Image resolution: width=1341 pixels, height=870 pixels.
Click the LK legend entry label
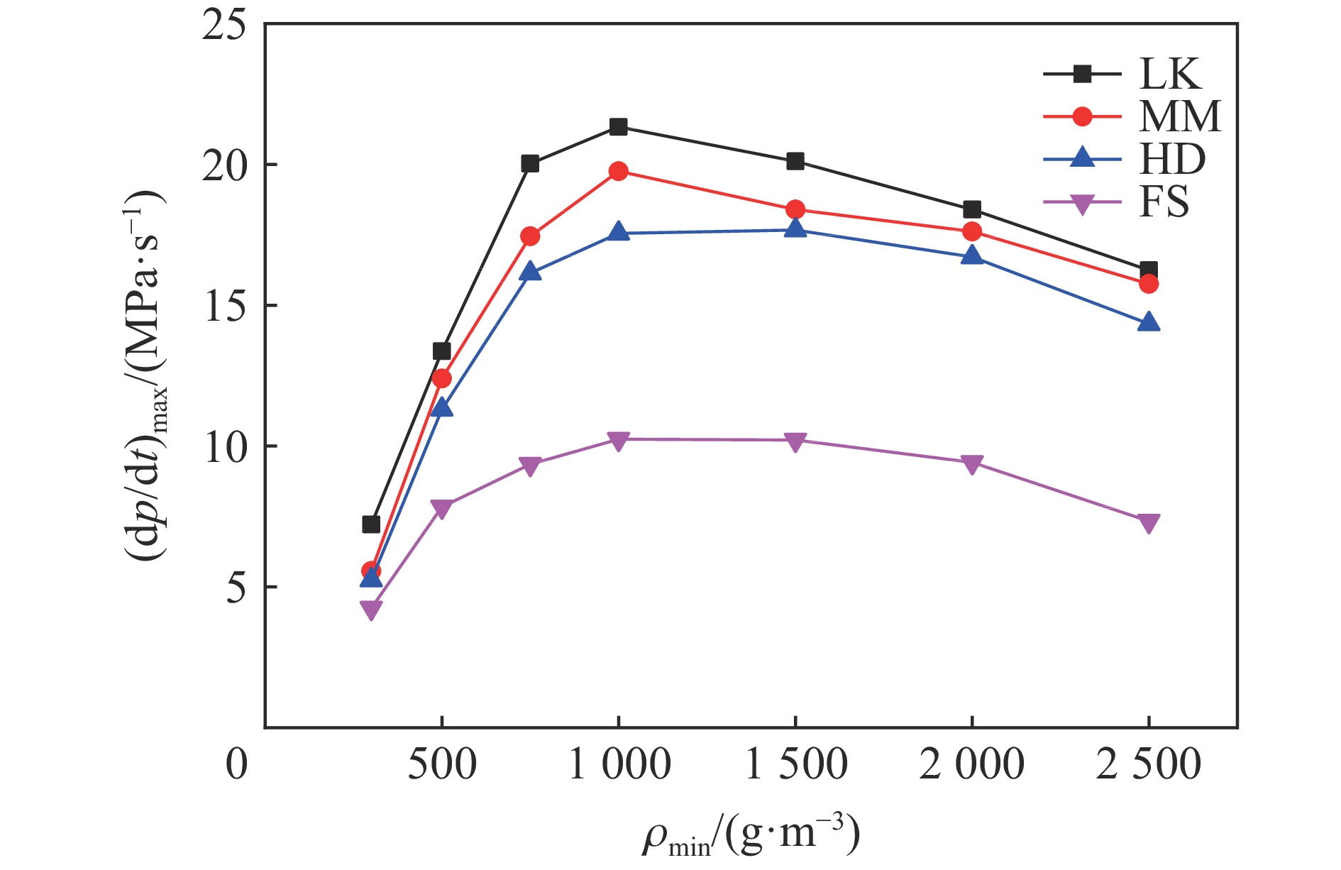[x=1170, y=74]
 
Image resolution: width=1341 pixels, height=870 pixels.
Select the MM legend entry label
[x=1180, y=116]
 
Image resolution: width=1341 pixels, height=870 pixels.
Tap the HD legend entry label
[x=1172, y=159]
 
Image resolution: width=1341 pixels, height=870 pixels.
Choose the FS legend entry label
[x=1164, y=202]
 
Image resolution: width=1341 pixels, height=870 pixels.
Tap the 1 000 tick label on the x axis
[x=619, y=765]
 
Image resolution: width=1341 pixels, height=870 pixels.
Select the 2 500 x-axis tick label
[x=1148, y=765]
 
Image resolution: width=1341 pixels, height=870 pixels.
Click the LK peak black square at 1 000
[x=619, y=127]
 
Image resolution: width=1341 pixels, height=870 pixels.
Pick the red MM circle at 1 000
[x=619, y=171]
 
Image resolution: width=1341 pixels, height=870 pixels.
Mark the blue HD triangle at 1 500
[x=795, y=228]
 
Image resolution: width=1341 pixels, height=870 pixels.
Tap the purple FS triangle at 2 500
[x=1149, y=524]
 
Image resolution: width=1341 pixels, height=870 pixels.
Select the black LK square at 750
[x=530, y=164]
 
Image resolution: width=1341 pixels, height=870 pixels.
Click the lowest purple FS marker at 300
[x=371, y=610]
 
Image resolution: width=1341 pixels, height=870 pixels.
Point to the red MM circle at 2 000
[x=972, y=231]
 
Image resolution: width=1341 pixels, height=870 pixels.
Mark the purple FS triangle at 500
[x=441, y=509]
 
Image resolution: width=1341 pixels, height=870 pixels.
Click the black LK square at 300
[x=371, y=524]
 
